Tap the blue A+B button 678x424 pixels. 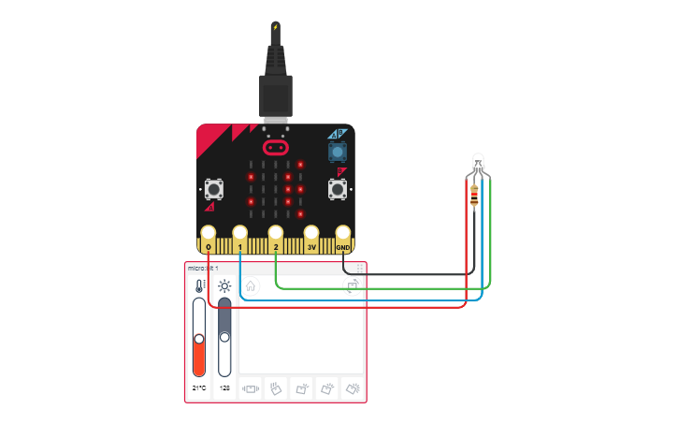click(x=337, y=151)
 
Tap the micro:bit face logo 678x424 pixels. click(x=275, y=147)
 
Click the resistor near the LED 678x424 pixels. click(x=475, y=197)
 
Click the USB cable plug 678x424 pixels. click(x=276, y=94)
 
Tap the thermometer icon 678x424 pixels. click(x=199, y=286)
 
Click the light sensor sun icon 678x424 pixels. click(x=224, y=286)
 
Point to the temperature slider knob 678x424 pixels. click(x=198, y=338)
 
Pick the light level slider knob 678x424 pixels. click(x=224, y=336)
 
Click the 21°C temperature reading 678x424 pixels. click(x=199, y=387)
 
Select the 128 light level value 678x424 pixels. click(x=224, y=387)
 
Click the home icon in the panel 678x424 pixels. click(x=251, y=285)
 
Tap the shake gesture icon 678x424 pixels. click(x=252, y=387)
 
